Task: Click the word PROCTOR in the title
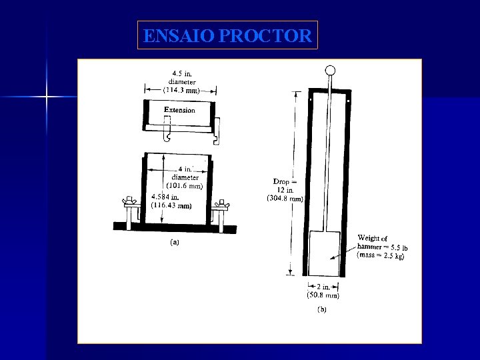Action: click(x=265, y=36)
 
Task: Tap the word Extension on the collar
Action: click(x=179, y=110)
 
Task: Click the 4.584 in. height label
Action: click(x=166, y=197)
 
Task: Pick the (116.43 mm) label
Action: click(x=172, y=205)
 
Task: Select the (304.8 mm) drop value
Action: click(x=285, y=199)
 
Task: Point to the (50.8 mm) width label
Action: click(x=323, y=295)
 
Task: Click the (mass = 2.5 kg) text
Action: click(x=383, y=255)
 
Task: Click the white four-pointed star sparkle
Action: click(x=46, y=97)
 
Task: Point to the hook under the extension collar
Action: click(x=168, y=137)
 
